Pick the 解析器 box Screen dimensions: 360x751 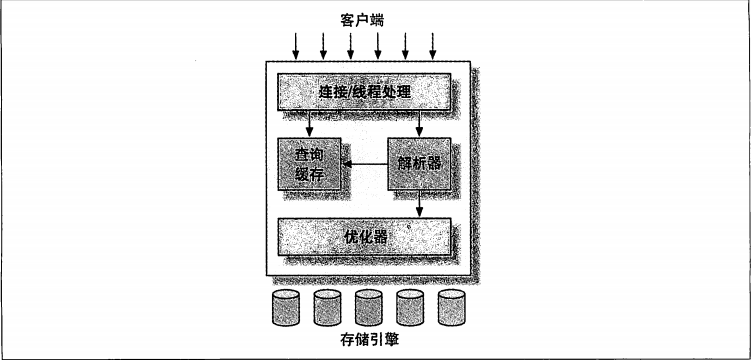419,164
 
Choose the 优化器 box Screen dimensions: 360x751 364,236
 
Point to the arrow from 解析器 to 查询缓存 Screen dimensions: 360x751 364,164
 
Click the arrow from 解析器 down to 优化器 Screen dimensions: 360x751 419,204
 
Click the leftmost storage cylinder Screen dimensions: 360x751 285,308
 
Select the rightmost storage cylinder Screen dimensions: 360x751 451,308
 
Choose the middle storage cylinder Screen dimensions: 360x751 368,308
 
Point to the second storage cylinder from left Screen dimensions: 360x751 327,308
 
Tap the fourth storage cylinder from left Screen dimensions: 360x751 410,308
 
